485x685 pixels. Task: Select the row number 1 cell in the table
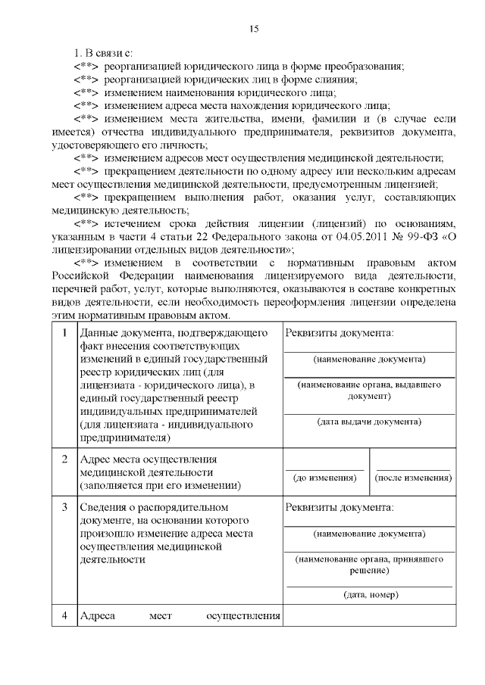point(64,333)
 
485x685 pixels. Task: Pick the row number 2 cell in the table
point(64,459)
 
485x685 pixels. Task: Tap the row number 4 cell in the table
point(64,616)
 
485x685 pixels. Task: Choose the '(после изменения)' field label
point(414,478)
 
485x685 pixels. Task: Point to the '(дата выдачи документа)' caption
point(370,422)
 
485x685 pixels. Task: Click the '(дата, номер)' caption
point(370,595)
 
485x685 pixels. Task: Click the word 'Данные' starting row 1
point(99,333)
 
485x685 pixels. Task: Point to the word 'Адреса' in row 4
point(97,616)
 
